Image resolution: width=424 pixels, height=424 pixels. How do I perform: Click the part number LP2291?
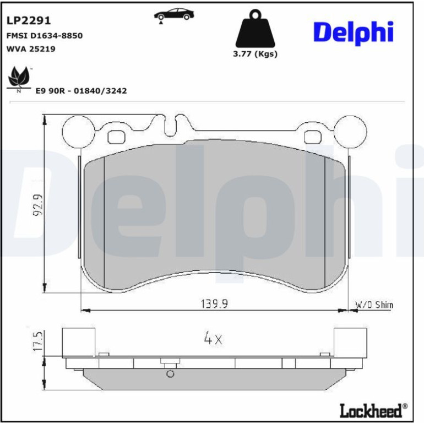(x=29, y=20)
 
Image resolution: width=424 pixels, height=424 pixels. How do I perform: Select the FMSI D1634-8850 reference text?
(x=45, y=36)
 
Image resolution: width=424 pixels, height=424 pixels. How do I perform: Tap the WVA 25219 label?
(x=30, y=49)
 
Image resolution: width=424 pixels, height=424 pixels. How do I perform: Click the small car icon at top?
(x=174, y=15)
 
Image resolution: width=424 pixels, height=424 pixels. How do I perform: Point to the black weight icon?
(x=255, y=29)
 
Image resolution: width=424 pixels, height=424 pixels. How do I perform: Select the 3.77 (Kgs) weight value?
(x=256, y=54)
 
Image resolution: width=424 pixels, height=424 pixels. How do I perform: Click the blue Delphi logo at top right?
(x=353, y=32)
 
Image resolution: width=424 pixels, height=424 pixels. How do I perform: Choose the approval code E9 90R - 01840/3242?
(x=81, y=91)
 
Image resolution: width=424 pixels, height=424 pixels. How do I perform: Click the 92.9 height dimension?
(x=37, y=204)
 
